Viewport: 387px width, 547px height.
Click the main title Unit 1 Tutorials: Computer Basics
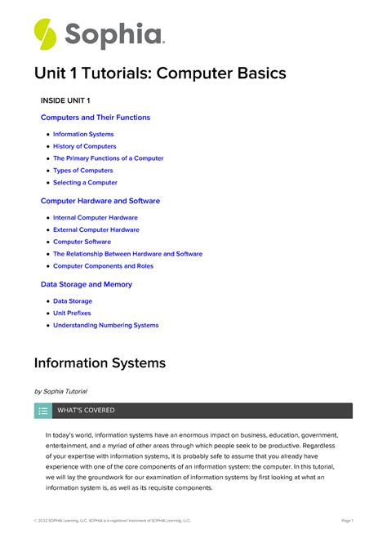click(160, 73)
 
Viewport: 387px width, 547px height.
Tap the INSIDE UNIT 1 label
click(65, 100)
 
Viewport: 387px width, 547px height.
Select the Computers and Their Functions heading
click(96, 118)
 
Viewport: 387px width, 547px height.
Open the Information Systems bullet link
click(83, 134)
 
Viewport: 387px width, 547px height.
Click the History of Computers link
click(85, 146)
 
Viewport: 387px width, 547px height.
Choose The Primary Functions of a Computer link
click(108, 158)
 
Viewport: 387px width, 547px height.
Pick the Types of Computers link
click(83, 171)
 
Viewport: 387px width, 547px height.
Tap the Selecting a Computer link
click(85, 183)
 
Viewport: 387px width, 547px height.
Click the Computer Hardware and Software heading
click(100, 201)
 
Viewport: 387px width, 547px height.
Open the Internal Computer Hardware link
click(96, 218)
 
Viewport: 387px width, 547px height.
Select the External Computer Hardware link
click(96, 230)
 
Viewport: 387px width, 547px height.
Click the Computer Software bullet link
click(82, 242)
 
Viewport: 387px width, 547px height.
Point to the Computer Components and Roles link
click(103, 266)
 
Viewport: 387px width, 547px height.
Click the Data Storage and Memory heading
click(86, 284)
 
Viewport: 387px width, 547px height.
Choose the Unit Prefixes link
click(72, 314)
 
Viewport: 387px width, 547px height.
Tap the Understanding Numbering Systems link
click(106, 326)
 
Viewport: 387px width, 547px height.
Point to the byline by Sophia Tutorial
click(60, 392)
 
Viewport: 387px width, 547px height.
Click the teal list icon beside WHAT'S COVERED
click(43, 411)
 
